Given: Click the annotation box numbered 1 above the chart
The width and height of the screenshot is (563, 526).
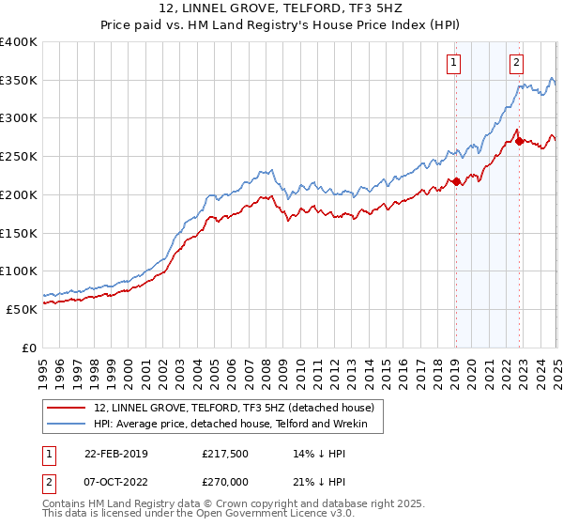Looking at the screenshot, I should (453, 63).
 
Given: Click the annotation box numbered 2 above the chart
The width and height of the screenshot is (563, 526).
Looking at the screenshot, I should (516, 63).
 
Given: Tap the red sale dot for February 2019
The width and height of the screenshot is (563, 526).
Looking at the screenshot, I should (456, 181).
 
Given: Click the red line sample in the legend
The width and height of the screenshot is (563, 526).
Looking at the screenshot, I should (67, 408).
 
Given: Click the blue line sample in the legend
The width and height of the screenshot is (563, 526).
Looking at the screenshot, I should (67, 425).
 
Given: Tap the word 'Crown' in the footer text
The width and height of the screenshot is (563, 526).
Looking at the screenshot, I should (230, 504).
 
